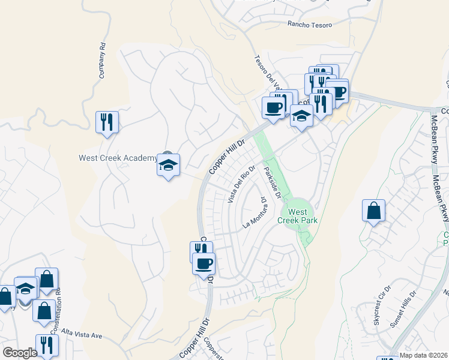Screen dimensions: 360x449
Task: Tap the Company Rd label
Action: click(103, 60)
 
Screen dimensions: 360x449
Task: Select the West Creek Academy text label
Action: click(118, 158)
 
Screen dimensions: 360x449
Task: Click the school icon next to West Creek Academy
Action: click(169, 165)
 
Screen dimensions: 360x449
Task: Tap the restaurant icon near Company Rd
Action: click(107, 122)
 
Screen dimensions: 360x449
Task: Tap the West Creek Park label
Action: click(297, 216)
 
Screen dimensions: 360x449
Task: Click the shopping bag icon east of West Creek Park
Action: click(373, 211)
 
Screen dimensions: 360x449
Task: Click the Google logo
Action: click(20, 352)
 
